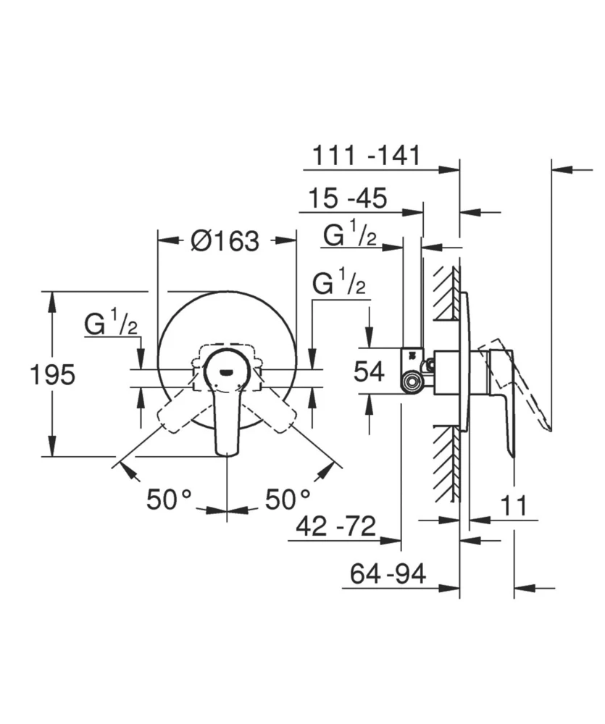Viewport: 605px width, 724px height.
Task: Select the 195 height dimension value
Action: point(52,374)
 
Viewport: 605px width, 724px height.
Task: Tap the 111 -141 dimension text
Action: point(366,155)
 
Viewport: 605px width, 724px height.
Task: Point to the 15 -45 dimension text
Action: point(348,198)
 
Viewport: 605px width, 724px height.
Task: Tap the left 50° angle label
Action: point(170,499)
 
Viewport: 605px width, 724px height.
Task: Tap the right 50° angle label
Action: point(288,499)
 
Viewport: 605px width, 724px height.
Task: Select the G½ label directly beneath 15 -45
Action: point(349,235)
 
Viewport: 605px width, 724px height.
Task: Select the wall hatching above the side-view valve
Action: point(446,293)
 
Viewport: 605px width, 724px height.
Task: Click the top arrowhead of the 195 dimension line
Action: point(51,298)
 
